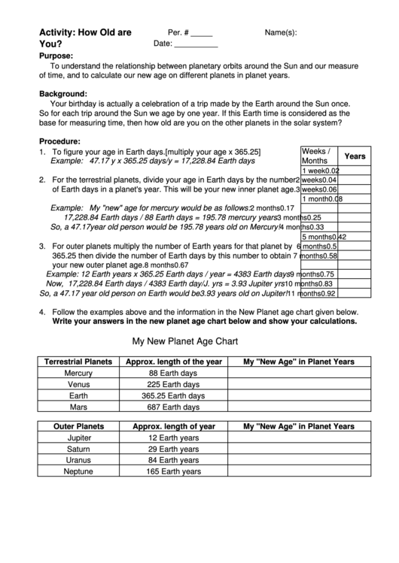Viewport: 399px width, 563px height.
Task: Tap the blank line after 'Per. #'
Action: click(202, 34)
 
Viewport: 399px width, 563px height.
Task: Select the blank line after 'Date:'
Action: click(196, 44)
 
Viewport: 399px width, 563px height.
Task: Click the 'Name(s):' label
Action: click(280, 33)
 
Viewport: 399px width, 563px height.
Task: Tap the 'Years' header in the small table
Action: click(355, 156)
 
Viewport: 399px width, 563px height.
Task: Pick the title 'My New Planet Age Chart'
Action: click(185, 341)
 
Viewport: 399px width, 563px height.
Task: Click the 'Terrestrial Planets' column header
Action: click(78, 362)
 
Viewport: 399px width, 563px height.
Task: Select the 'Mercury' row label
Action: click(78, 373)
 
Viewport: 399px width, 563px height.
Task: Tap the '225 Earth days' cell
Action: click(173, 384)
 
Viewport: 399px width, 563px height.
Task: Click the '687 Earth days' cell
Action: click(173, 407)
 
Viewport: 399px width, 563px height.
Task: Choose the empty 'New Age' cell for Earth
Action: click(299, 395)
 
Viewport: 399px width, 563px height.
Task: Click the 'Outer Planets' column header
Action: click(78, 426)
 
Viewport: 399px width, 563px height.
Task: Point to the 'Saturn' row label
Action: click(78, 449)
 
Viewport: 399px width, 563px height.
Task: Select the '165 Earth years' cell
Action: click(173, 472)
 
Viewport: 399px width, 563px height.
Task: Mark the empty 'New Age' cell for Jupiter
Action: click(299, 437)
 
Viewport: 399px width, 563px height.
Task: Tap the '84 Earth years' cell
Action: click(173, 460)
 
